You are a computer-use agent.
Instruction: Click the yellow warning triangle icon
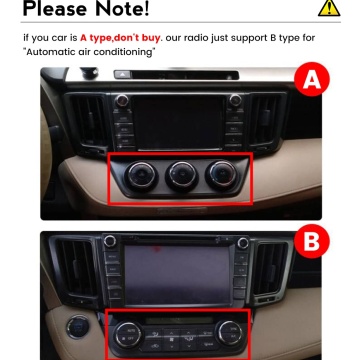(327, 9)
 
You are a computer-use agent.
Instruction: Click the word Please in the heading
(46, 10)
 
